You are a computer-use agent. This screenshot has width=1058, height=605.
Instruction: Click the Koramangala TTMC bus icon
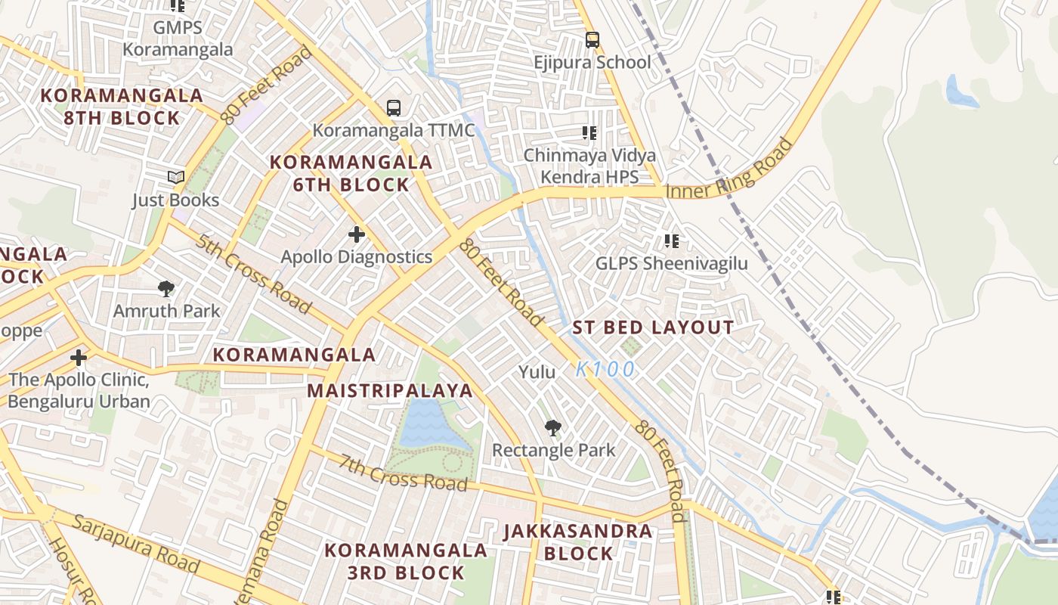pyautogui.click(x=394, y=108)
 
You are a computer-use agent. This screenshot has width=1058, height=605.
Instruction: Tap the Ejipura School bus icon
pyautogui.click(x=592, y=39)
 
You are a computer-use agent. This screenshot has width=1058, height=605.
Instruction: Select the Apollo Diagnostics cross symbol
pyautogui.click(x=357, y=234)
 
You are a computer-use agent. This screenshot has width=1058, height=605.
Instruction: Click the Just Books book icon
pyautogui.click(x=176, y=178)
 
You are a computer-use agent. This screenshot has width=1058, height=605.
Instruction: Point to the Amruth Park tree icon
pyautogui.click(x=166, y=288)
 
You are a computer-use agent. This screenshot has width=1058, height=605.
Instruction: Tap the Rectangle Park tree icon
pyautogui.click(x=553, y=428)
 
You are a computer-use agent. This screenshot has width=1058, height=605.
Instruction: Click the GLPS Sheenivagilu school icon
pyautogui.click(x=671, y=241)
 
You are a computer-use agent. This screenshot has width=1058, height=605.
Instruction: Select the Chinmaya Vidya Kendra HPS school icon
pyautogui.click(x=589, y=134)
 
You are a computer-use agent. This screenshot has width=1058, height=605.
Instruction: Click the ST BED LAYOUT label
pyautogui.click(x=653, y=327)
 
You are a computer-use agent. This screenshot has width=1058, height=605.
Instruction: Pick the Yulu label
pyautogui.click(x=537, y=372)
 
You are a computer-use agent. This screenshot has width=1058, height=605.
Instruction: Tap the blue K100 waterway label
pyautogui.click(x=605, y=370)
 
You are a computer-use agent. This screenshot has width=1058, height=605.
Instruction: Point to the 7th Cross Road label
pyautogui.click(x=403, y=472)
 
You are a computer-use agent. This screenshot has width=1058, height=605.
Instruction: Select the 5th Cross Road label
pyautogui.click(x=253, y=274)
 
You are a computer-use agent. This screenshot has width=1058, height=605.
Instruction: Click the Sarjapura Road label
pyautogui.click(x=137, y=542)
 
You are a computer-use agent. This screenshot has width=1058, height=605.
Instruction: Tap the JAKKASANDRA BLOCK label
pyautogui.click(x=579, y=542)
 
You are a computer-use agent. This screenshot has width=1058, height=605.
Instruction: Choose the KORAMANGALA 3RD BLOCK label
pyautogui.click(x=406, y=561)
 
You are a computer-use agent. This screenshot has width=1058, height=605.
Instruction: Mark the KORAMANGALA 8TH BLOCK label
pyautogui.click(x=122, y=107)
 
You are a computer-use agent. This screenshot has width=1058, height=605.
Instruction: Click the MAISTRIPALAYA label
pyautogui.click(x=390, y=391)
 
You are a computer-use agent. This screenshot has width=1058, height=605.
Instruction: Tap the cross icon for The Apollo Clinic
pyautogui.click(x=79, y=357)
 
